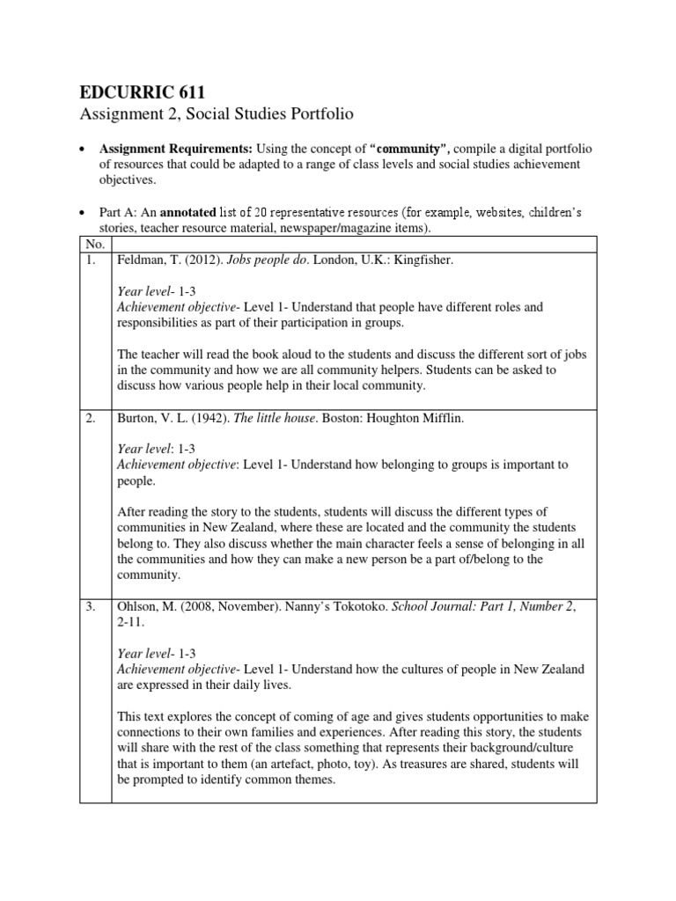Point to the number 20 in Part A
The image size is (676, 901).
coord(261,212)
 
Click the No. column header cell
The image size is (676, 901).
coord(93,244)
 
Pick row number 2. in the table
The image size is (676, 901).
coord(91,418)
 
